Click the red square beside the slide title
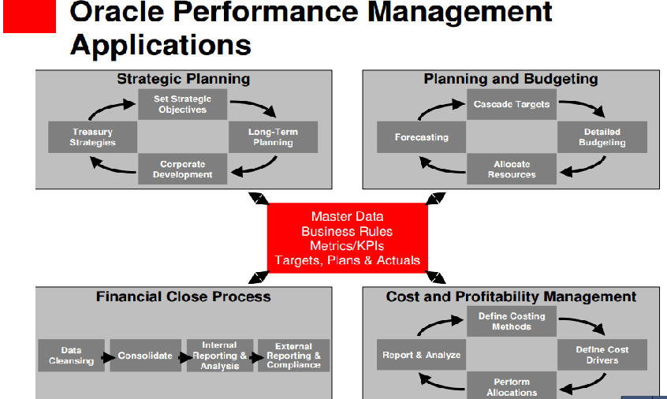[x=29, y=16]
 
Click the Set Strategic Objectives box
[x=182, y=104]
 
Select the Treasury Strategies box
[x=92, y=137]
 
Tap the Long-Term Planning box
[x=273, y=137]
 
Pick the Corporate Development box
[x=182, y=169]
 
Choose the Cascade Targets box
[x=512, y=104]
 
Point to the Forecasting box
[x=421, y=137]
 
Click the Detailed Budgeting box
[x=602, y=137]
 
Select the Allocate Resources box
[x=512, y=169]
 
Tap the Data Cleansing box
[x=71, y=355]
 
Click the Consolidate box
[x=146, y=355]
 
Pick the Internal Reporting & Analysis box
[x=220, y=355]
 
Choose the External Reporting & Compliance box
[x=293, y=355]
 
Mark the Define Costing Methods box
[x=512, y=322]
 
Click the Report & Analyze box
[x=421, y=355]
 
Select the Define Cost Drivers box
[x=602, y=355]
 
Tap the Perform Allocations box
[x=512, y=386]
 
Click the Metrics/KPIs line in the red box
[x=347, y=246]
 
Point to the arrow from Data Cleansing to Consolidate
[x=108, y=357]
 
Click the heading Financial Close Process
[x=184, y=296]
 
